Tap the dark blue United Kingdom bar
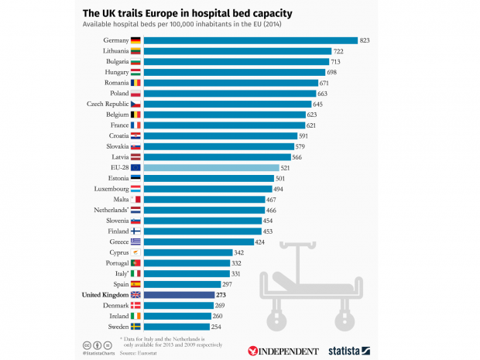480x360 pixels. (x=178, y=294)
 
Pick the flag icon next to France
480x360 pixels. (x=135, y=125)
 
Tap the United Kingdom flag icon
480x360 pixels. (x=135, y=294)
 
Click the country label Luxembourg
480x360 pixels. (x=108, y=188)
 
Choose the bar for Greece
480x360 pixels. (x=198, y=241)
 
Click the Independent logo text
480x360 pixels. (x=283, y=350)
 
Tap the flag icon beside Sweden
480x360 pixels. (x=135, y=326)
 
